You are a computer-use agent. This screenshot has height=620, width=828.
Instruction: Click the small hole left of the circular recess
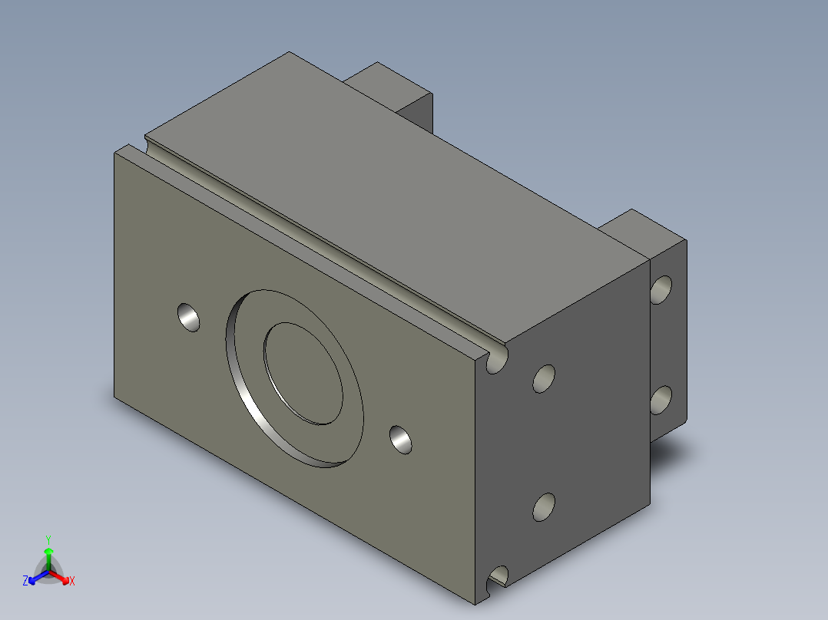[x=188, y=317]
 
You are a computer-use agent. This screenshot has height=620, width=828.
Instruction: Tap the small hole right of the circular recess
[x=401, y=440]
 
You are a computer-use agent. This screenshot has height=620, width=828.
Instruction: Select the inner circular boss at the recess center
[x=303, y=374]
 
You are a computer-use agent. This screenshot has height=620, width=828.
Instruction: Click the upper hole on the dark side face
[x=544, y=379]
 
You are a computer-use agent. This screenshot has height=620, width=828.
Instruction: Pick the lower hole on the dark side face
[x=544, y=507]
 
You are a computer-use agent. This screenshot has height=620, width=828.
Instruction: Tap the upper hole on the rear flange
[x=661, y=290]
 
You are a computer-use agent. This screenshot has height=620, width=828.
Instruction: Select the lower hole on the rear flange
[x=661, y=400]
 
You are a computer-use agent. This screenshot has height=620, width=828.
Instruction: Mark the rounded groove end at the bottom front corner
[x=497, y=577]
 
